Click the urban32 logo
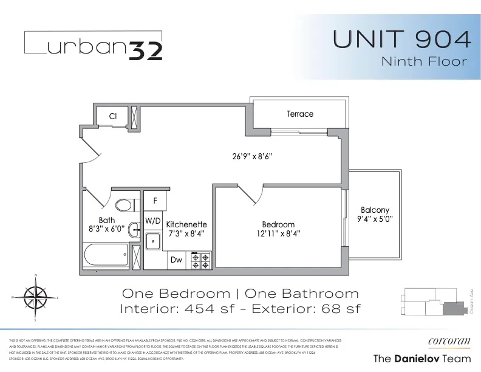click(x=93, y=46)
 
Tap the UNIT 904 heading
click(x=402, y=40)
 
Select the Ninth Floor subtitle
click(x=424, y=61)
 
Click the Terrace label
click(x=300, y=114)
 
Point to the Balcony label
click(x=374, y=210)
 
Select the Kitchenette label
click(x=186, y=224)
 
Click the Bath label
click(x=107, y=221)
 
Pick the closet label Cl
click(x=112, y=116)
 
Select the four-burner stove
click(x=201, y=260)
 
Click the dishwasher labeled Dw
click(x=176, y=260)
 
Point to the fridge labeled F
click(x=155, y=200)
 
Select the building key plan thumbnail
click(x=431, y=300)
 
